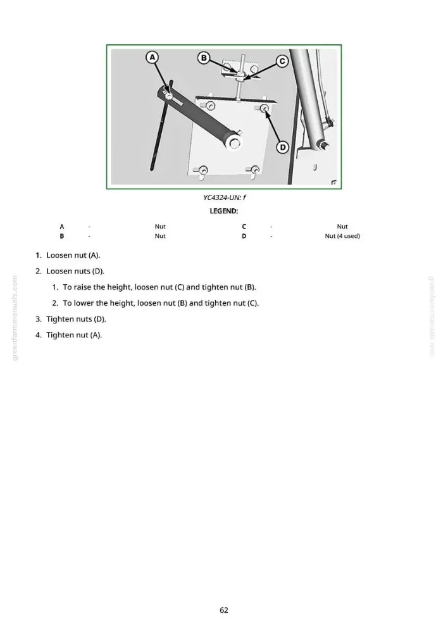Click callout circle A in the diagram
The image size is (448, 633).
[152, 58]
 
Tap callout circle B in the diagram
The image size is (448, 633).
[204, 58]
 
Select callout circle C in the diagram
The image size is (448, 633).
[282, 61]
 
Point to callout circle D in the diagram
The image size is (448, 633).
[282, 147]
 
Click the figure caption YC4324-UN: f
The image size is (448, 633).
[225, 197]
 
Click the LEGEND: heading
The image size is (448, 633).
[224, 211]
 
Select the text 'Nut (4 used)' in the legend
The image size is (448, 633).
[342, 235]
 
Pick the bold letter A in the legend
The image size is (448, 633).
[62, 227]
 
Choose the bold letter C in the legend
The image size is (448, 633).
[244, 227]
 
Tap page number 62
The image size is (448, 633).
[224, 610]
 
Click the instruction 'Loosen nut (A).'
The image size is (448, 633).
[73, 255]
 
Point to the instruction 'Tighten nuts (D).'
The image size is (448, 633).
[77, 319]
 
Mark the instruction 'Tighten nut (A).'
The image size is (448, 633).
[74, 335]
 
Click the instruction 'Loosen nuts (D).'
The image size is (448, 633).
[75, 271]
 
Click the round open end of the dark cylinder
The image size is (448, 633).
[235, 143]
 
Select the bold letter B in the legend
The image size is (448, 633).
[62, 235]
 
